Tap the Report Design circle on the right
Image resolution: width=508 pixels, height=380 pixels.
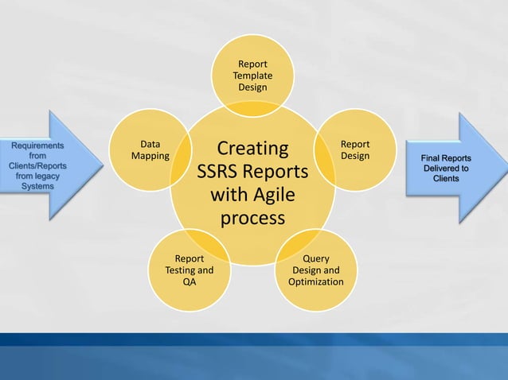point(355,149)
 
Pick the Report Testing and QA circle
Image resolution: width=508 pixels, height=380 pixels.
point(189,270)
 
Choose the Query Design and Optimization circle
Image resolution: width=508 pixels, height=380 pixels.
point(316,270)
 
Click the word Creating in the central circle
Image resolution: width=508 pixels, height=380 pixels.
point(252,149)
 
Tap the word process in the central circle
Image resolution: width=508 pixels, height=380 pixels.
point(252,217)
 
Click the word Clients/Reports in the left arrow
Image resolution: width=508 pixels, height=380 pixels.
point(37,165)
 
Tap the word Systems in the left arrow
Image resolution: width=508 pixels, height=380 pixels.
point(37,185)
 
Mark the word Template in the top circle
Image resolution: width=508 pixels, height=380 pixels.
point(252,75)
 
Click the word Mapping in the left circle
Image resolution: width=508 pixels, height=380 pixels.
point(150,156)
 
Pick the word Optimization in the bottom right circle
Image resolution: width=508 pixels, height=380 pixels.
point(316,282)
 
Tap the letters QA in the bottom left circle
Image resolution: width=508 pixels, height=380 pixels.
point(189,282)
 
